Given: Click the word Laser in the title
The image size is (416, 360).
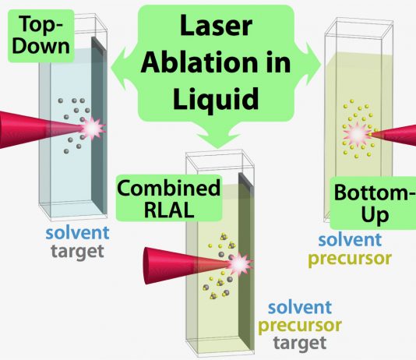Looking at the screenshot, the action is pos(216,26).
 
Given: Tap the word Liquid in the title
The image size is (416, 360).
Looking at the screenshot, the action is pos(216,100).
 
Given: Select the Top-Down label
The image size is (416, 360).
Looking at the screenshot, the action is pos(41,36).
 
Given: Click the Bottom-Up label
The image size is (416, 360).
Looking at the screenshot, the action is pos(373,203).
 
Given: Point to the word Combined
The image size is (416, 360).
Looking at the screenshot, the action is pos(169,188).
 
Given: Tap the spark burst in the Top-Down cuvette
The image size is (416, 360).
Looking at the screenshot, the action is pos(93,129).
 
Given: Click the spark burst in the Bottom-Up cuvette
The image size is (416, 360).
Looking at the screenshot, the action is pos(357,134).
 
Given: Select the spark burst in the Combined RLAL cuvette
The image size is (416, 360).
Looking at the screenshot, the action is pos(240,264).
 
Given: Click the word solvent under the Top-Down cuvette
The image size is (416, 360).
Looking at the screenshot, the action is pos(77,233).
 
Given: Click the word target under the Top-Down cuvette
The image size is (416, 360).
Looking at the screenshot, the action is pos(77,251).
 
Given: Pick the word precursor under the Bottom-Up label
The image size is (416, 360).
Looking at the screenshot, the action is pos(351,258).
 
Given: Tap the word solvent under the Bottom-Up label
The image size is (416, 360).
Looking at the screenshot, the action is pos(351,239).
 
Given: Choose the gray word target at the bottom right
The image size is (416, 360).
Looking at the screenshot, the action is pos(300,343).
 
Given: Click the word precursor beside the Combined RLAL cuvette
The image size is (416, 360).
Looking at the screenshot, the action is pos(300,325).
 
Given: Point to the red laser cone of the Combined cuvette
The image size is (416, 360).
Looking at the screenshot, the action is pos(185,265).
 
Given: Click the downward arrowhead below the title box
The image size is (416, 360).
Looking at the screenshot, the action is pos(218,138).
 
